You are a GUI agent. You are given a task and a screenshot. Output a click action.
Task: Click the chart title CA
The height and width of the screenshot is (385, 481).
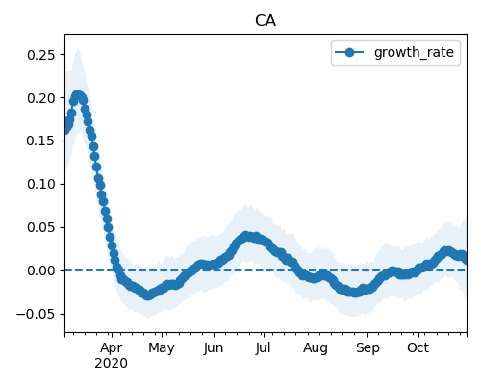click(266, 21)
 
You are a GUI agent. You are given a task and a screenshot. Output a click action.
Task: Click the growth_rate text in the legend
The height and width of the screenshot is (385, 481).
click(414, 52)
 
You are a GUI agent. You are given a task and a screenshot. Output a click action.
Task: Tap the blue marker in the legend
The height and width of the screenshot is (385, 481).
click(349, 52)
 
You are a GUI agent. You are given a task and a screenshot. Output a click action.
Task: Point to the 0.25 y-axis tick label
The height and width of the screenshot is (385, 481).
click(41, 55)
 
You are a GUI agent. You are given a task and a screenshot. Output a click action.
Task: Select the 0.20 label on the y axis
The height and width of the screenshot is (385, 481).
click(41, 98)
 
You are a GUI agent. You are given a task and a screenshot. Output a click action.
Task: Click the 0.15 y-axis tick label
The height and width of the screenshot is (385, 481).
click(41, 141)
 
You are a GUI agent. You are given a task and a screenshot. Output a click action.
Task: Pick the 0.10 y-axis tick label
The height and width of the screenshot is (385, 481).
click(41, 184)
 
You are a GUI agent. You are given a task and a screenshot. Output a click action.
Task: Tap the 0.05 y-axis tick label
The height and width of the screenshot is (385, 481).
click(41, 227)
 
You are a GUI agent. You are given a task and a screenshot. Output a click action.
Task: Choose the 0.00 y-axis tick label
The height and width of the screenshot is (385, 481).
click(41, 270)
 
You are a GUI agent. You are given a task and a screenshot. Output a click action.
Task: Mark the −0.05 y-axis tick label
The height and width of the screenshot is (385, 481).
click(36, 314)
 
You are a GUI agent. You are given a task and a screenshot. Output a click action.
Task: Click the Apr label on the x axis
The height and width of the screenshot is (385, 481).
click(112, 348)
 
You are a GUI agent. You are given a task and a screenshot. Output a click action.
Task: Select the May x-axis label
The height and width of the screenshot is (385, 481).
click(162, 348)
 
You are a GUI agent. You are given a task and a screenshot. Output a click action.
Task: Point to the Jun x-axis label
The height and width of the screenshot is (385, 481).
click(214, 348)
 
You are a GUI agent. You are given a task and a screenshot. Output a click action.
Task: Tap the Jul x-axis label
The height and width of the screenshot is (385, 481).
click(264, 348)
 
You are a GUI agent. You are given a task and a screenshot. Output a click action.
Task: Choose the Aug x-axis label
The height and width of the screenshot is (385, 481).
click(316, 348)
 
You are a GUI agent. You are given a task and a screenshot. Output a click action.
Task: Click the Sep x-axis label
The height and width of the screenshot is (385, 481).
click(367, 348)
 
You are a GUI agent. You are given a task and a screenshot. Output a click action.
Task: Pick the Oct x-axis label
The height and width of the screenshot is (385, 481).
click(418, 348)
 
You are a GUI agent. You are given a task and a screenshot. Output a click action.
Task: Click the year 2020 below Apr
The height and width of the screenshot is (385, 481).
click(111, 364)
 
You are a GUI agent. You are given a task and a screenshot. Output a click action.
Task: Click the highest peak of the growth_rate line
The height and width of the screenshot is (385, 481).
click(77, 95)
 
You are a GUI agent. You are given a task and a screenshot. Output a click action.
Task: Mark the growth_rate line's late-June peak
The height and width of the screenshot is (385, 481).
click(246, 237)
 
